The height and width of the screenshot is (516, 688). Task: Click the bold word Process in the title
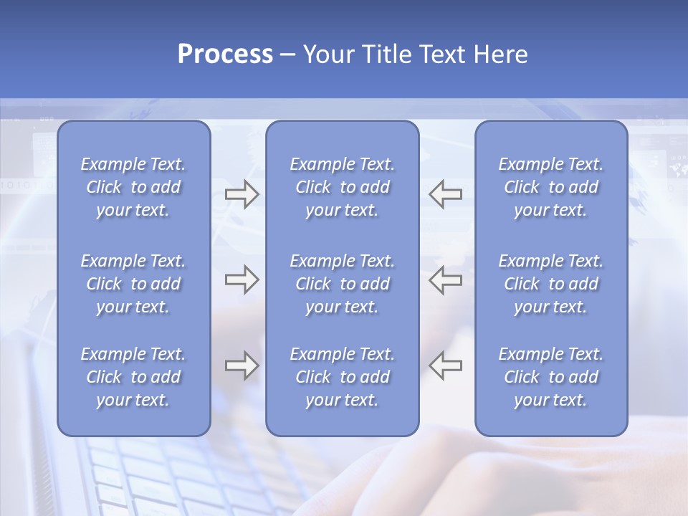pos(225,54)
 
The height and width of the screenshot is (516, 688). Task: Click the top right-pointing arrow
pos(242,194)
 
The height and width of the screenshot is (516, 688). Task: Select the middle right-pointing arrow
pos(242,279)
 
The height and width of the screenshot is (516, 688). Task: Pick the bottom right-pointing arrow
pos(242,365)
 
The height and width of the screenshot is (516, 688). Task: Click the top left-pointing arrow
pos(445,194)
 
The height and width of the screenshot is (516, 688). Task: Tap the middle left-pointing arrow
pos(445,279)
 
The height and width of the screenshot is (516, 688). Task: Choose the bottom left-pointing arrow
pos(445,365)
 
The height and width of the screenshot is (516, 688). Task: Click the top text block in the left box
pos(133,187)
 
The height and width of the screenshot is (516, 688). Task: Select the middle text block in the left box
pos(133,284)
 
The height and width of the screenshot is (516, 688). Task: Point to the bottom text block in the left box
pos(133,377)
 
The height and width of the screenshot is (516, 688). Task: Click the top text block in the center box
pos(342,187)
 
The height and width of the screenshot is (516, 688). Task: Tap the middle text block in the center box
pos(342,284)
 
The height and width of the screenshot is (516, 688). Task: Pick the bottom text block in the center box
pos(342,377)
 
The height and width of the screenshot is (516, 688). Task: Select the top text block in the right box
pos(550,187)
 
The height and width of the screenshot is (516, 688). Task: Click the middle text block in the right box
pos(550,284)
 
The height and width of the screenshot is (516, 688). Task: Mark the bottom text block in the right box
pos(550,377)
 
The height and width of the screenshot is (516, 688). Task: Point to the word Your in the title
pos(328,54)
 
